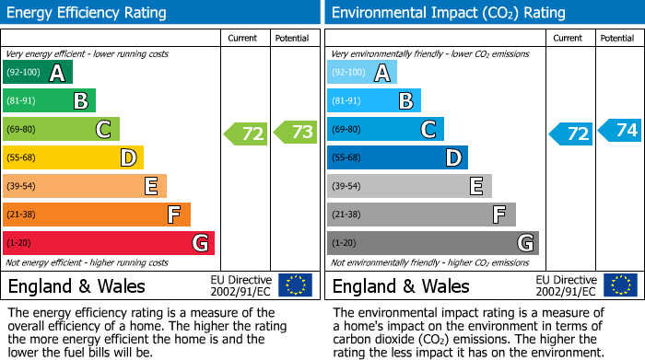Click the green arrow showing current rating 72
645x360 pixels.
coord(246,134)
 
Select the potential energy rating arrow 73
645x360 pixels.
coord(295,133)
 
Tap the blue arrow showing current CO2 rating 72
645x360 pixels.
coord(571,134)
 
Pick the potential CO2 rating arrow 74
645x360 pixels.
coord(620,130)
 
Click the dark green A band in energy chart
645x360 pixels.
coord(38,73)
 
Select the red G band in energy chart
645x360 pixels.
coord(109,243)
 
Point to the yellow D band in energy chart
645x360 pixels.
coord(74,157)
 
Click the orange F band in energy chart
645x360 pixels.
coord(97,215)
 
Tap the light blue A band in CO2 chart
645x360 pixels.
coord(362,73)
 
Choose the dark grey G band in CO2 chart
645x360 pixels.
coord(433,243)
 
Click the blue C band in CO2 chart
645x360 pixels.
coord(386,130)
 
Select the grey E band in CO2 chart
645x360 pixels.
coord(409,186)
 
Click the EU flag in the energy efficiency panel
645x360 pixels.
coord(296,285)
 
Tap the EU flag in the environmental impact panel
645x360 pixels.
coord(620,285)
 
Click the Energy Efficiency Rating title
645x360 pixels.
coord(88,13)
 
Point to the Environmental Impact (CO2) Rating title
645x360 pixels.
coord(448,13)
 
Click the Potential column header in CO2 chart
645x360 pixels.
coord(616,38)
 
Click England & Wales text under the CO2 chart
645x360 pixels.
coord(401,286)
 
